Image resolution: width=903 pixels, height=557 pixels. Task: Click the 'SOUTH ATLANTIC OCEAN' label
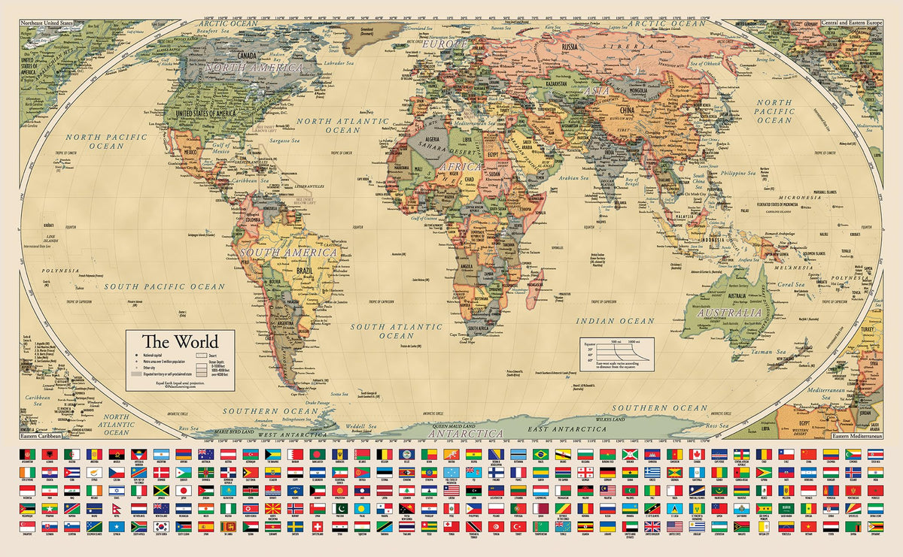[x=397, y=331]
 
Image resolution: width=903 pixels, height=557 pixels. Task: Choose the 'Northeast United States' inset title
[x=47, y=24]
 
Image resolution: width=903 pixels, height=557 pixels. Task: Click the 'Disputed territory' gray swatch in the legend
[x=135, y=373]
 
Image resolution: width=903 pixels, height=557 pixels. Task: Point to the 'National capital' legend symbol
[x=137, y=353]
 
